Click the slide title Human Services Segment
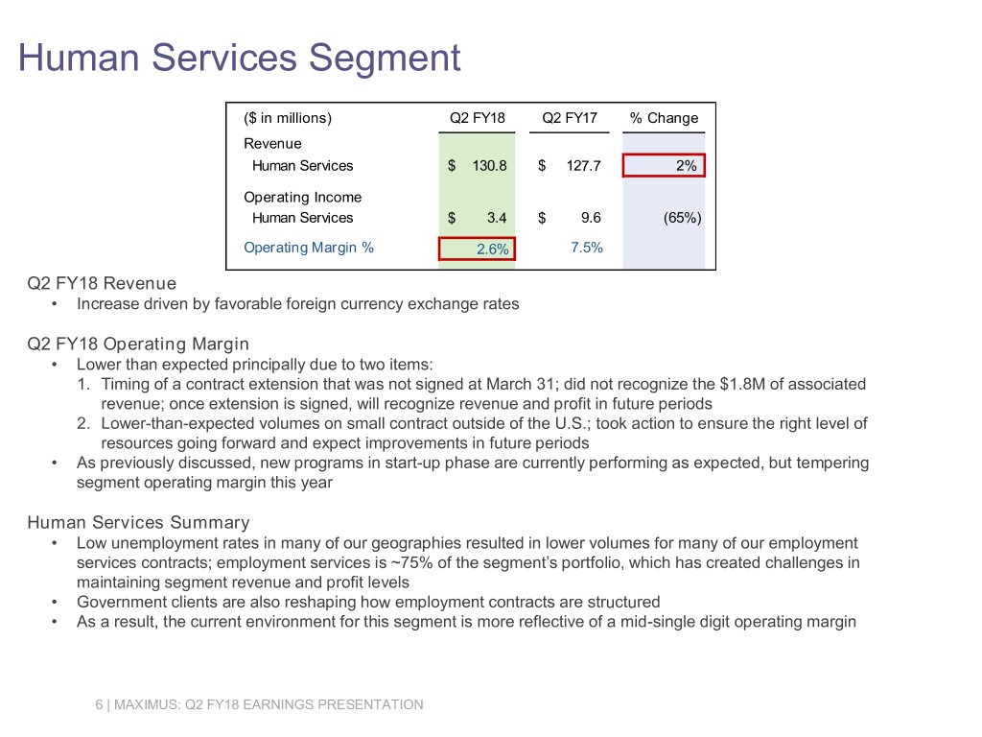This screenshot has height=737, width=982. point(240,59)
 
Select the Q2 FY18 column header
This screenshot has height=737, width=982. point(479,118)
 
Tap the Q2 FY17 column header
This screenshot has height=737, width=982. point(570,118)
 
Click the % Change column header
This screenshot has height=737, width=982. point(664,118)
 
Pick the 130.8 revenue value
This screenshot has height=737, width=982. point(489,166)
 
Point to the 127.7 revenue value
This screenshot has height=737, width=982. point(583,166)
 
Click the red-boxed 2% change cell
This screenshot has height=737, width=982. point(664,165)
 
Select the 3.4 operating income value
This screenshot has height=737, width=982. point(497,218)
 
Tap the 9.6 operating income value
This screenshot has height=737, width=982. point(590,218)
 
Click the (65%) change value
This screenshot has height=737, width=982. point(682,218)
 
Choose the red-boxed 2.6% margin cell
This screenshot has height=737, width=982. point(477,249)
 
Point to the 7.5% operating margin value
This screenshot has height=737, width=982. point(586,248)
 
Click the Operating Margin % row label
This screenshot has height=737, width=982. point(309,248)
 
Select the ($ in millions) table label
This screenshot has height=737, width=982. point(288,118)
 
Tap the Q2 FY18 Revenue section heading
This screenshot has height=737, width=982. point(102,283)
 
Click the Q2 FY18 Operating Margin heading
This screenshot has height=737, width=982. point(138,344)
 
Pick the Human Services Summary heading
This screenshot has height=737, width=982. point(138,522)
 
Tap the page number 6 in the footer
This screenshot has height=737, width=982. point(99,704)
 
